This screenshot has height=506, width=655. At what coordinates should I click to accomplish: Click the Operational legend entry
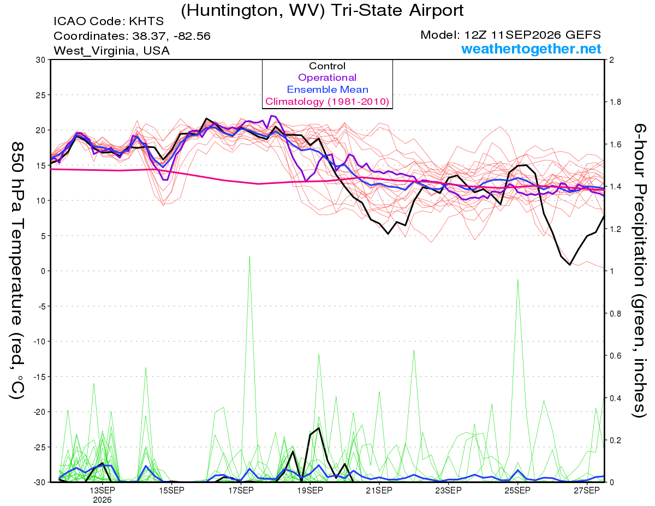327,78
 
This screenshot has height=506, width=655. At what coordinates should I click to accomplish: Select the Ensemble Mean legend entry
327,90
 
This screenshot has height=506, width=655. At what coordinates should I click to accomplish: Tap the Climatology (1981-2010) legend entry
327,102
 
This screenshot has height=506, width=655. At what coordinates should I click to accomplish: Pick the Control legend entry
327,66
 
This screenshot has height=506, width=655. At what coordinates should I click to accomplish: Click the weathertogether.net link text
531,49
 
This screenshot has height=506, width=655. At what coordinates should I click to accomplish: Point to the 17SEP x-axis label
241,491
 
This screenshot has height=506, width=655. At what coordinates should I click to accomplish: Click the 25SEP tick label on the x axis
517,491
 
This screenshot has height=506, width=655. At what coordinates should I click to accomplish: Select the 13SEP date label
102,491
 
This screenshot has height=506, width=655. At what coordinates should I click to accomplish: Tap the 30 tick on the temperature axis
40,60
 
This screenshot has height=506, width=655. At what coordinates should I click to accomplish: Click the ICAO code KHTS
146,21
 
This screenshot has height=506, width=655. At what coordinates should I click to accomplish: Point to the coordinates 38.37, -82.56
171,36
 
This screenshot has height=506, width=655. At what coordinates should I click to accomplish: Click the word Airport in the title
436,10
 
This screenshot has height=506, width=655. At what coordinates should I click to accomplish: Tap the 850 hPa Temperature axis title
17,271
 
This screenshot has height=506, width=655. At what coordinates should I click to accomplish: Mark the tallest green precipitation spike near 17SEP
249,257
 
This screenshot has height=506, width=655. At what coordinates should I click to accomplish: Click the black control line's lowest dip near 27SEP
570,265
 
